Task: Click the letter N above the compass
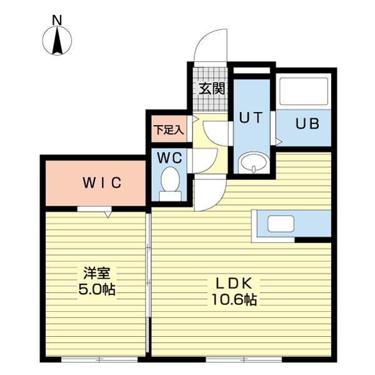pyautogui.click(x=57, y=20)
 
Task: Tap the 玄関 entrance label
pyautogui.click(x=212, y=89)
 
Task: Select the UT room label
pyautogui.click(x=251, y=117)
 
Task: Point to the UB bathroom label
pyautogui.click(x=307, y=124)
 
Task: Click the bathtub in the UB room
pyautogui.click(x=304, y=91)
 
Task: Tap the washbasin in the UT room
pyautogui.click(x=254, y=162)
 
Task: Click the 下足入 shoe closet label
pyautogui.click(x=169, y=130)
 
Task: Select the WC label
pyautogui.click(x=169, y=157)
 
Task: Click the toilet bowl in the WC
pyautogui.click(x=170, y=184)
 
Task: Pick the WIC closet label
pyautogui.click(x=102, y=182)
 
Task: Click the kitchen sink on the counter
pyautogui.click(x=281, y=224)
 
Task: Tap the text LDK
pyautogui.click(x=234, y=284)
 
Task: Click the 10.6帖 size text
pyautogui.click(x=234, y=299)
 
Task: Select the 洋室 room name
pyautogui.click(x=97, y=273)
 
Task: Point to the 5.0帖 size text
pyautogui.click(x=97, y=289)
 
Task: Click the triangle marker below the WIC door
pyautogui.click(x=108, y=214)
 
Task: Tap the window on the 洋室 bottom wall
pyautogui.click(x=99, y=359)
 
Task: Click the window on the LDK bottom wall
pyautogui.click(x=244, y=359)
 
